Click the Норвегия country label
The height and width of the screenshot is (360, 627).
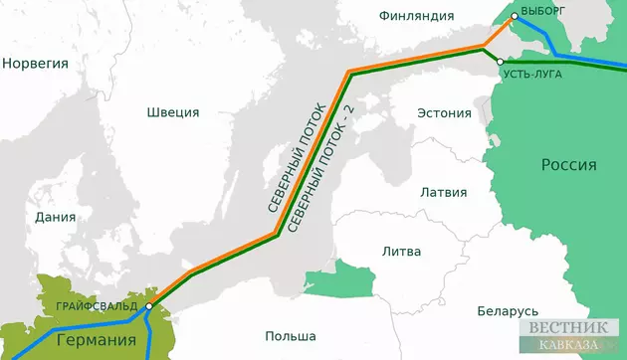click(36, 64)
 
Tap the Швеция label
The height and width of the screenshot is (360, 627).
click(172, 112)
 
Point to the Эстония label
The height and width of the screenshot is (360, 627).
click(443, 111)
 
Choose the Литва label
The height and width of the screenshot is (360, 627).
click(401, 251)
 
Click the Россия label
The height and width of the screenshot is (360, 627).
click(568, 165)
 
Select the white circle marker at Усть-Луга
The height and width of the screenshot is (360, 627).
click(501, 61)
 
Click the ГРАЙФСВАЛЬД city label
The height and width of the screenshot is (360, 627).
click(98, 305)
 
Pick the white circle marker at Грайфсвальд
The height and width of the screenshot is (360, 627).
click(147, 306)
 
